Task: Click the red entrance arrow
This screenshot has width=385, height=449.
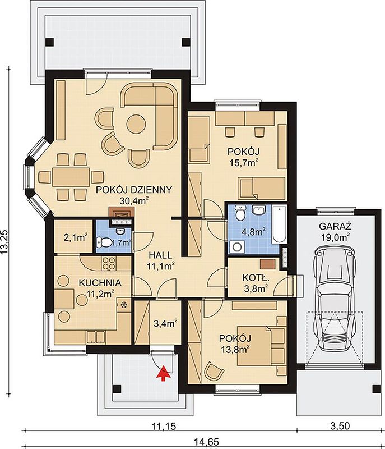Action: pyautogui.click(x=164, y=373)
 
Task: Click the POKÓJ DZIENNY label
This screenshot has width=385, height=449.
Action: pyautogui.click(x=134, y=190)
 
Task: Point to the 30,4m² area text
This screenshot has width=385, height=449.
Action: pyautogui.click(x=134, y=201)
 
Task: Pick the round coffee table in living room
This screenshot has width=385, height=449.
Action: pyautogui.click(x=136, y=124)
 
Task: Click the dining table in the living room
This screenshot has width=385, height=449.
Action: pyautogui.click(x=71, y=177)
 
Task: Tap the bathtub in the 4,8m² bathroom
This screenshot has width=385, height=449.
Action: pyautogui.click(x=279, y=224)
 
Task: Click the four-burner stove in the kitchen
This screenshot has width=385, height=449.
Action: pyautogui.click(x=109, y=263)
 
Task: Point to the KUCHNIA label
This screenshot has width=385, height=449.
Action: pyautogui.click(x=100, y=283)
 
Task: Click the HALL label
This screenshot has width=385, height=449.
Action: pyautogui.click(x=160, y=255)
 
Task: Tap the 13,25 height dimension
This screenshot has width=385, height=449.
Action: pyautogui.click(x=5, y=242)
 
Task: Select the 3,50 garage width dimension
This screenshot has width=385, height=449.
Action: pyautogui.click(x=340, y=426)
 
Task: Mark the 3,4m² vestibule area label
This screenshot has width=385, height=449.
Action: pyautogui.click(x=165, y=324)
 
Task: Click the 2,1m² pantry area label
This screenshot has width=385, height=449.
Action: pyautogui.click(x=76, y=237)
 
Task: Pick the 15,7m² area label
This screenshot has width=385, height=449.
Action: pyautogui.click(x=244, y=163)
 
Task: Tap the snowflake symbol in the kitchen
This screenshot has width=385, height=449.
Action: pyautogui.click(x=124, y=305)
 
